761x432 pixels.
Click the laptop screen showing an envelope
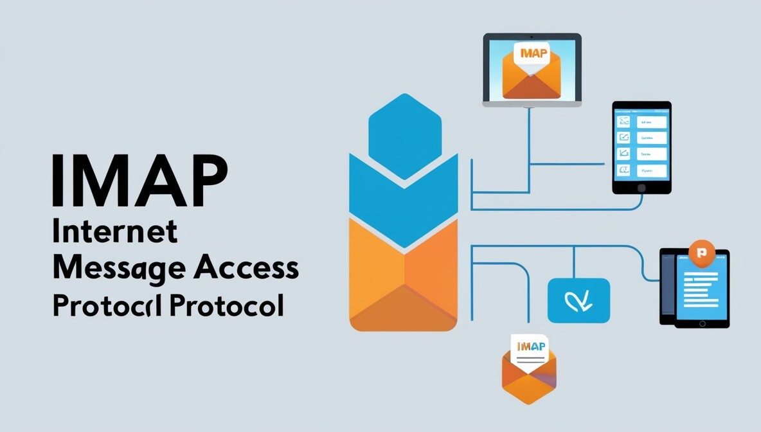pos(532,67)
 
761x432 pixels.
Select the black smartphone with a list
pos(641,147)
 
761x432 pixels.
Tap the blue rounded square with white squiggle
pos(578,300)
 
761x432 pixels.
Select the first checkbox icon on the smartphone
pos(623,121)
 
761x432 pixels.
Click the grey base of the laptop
pos(532,103)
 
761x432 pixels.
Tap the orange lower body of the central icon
pos(404,283)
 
